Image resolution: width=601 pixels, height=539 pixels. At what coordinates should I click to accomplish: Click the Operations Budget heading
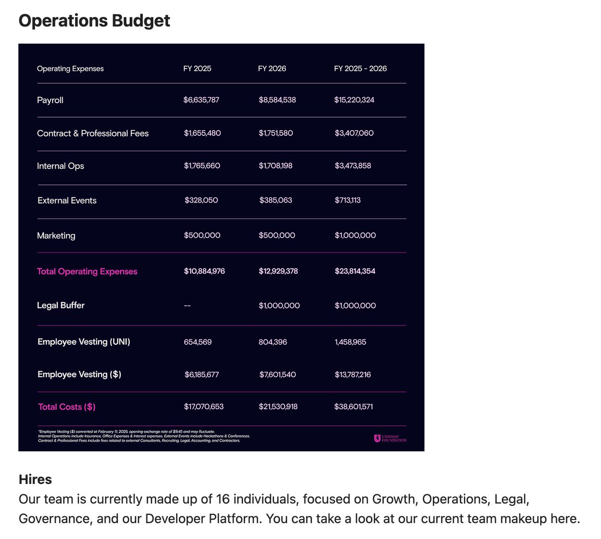click(94, 21)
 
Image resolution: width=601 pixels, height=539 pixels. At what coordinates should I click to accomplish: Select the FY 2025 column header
click(197, 69)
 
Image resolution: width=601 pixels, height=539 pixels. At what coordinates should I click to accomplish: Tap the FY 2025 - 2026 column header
click(360, 69)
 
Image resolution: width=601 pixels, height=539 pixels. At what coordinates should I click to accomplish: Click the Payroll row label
click(50, 100)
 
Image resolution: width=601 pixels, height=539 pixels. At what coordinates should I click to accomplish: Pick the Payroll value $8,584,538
click(277, 100)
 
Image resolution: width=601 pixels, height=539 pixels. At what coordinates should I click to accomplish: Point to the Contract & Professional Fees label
click(93, 133)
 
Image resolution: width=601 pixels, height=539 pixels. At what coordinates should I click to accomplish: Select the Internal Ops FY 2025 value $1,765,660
click(202, 166)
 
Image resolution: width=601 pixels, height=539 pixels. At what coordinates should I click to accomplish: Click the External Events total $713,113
click(348, 200)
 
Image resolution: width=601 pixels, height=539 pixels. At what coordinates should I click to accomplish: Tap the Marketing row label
click(56, 235)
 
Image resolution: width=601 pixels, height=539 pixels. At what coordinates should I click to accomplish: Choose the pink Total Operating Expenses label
click(87, 272)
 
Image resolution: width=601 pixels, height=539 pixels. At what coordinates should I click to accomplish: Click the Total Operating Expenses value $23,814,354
click(355, 271)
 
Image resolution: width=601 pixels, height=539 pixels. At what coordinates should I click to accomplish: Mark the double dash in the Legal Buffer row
click(187, 306)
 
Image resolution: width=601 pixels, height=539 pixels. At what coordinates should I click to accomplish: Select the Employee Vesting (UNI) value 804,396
click(273, 342)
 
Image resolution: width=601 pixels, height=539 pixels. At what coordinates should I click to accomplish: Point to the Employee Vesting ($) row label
click(79, 374)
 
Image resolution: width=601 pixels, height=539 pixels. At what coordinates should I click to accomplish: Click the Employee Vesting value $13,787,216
click(353, 375)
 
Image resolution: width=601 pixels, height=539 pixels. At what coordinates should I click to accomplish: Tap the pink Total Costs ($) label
click(67, 407)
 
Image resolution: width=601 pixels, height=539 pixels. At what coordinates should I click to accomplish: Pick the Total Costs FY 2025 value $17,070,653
click(203, 407)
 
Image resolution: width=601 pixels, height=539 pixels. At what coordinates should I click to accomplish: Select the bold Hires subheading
click(35, 479)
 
